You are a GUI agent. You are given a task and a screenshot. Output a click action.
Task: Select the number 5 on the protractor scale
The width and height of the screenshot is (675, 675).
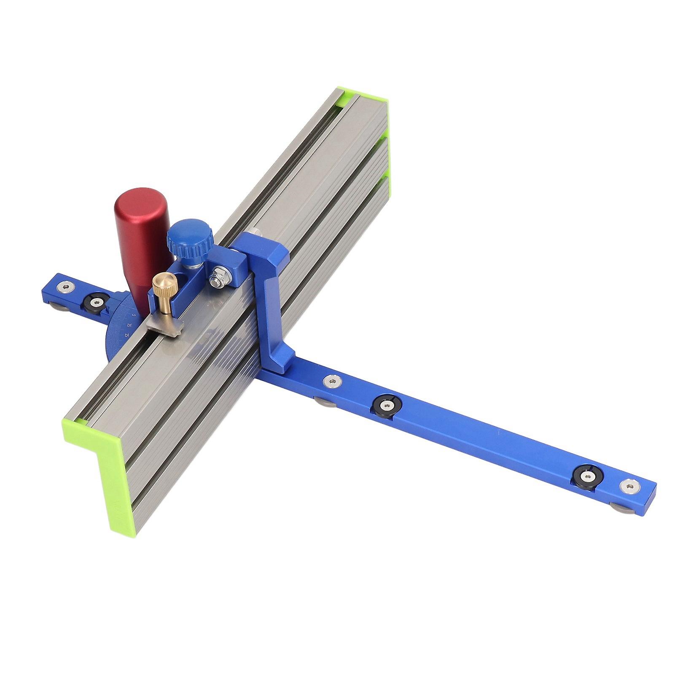tap(133, 315)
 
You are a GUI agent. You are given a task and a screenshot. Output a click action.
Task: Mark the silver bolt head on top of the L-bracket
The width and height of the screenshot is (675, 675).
tap(252, 232)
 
